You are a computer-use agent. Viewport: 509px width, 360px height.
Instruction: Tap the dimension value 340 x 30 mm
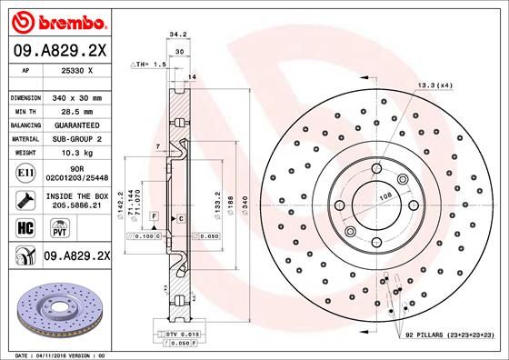click(x=77, y=96)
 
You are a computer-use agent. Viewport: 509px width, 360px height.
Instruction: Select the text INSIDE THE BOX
click(x=77, y=195)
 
